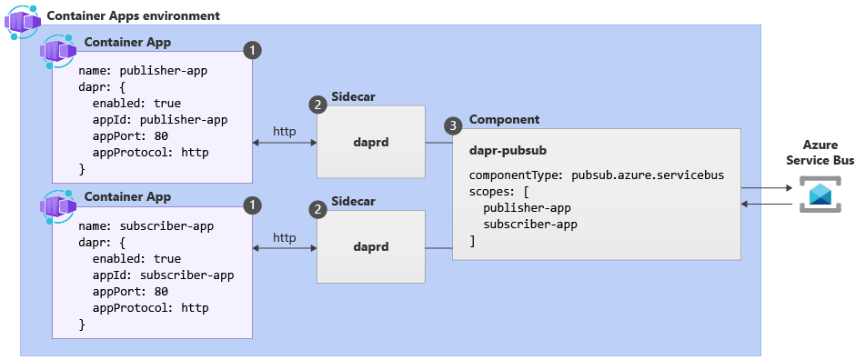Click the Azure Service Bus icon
tap(820, 194)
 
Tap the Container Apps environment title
tap(133, 15)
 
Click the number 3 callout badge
tap(453, 126)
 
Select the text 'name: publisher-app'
tap(143, 71)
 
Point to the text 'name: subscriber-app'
tap(146, 226)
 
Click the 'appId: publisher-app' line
tap(160, 120)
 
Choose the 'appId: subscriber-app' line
tap(164, 275)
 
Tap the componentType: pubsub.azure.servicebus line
tap(597, 175)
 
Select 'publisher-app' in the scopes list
tap(527, 208)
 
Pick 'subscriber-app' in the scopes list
tap(530, 225)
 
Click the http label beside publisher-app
tap(284, 131)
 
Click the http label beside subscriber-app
tap(284, 237)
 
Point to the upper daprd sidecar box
tap(371, 142)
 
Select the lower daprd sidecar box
tap(371, 246)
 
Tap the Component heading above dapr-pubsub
tap(504, 120)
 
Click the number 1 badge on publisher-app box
tap(252, 51)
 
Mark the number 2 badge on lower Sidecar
tap(317, 209)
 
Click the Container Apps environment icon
tap(23, 22)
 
